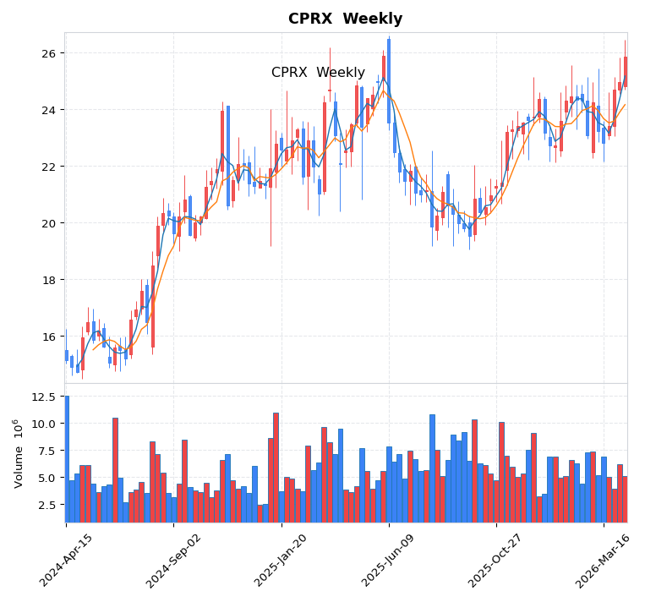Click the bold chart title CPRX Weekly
pyautogui.click(x=345, y=19)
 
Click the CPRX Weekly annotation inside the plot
pyautogui.click(x=318, y=73)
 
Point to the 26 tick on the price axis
pyautogui.click(x=48, y=53)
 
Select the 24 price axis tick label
pyautogui.click(x=48, y=110)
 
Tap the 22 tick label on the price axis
pyautogui.click(x=48, y=167)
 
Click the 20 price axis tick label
pyautogui.click(x=48, y=223)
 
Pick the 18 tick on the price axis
pyautogui.click(x=48, y=280)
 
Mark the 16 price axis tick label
pyautogui.click(x=48, y=337)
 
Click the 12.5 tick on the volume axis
pyautogui.click(x=44, y=397)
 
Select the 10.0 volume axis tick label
pyautogui.click(x=44, y=424)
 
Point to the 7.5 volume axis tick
pyautogui.click(x=47, y=451)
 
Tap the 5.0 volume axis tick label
pyautogui.click(x=47, y=478)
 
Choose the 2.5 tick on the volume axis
pyautogui.click(x=47, y=505)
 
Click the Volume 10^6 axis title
pyautogui.click(x=18, y=453)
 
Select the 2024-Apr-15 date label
pyautogui.click(x=66, y=561)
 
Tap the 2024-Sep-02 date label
pyautogui.click(x=173, y=561)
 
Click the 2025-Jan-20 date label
pyautogui.click(x=281, y=561)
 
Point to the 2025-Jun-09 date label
pyautogui.click(x=388, y=561)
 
